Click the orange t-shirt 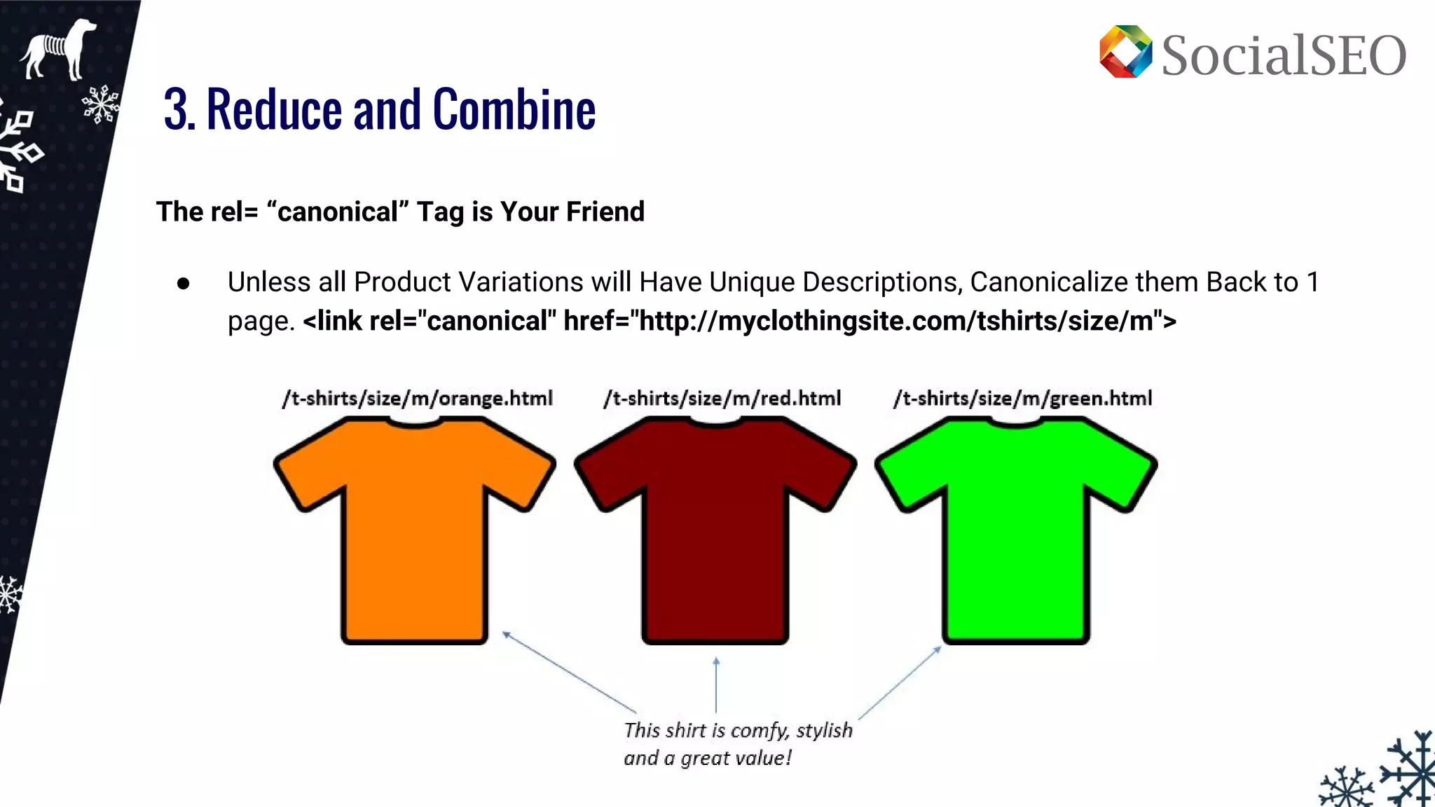(414, 532)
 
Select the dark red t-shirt (715, 532)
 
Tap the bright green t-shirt (1015, 532)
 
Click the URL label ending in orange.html (418, 399)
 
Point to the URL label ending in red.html (722, 399)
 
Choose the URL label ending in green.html (1022, 399)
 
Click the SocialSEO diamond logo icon (1125, 52)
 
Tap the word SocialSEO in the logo (1284, 55)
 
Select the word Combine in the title (514, 110)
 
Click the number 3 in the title (178, 110)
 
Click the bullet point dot (184, 284)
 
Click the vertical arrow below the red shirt (716, 684)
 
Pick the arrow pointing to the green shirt (900, 682)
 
